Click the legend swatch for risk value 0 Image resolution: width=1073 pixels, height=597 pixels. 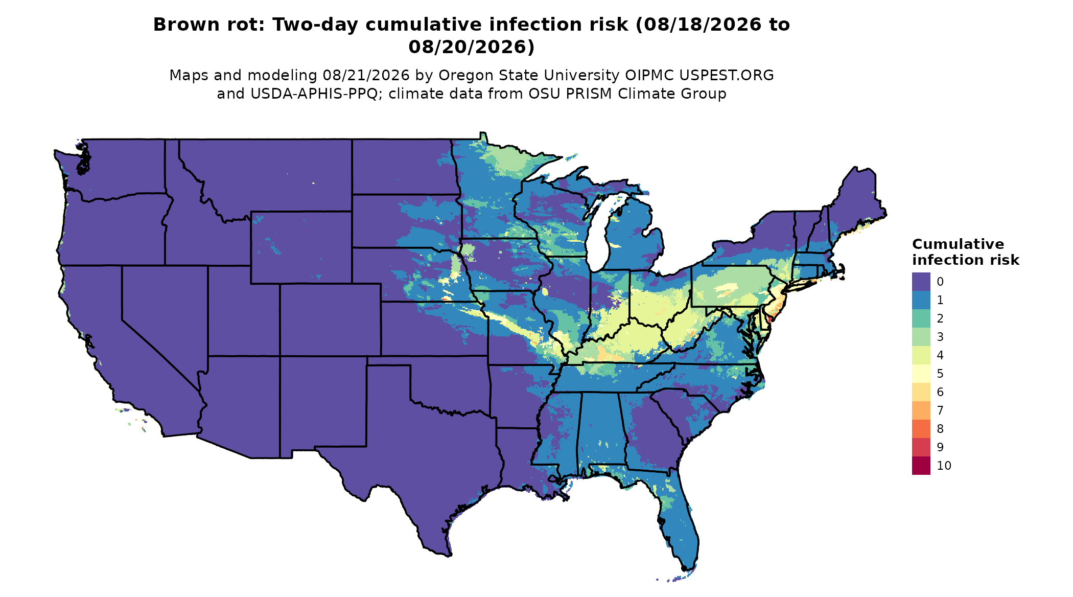coord(921,282)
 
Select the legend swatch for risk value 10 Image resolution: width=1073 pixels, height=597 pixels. coord(921,466)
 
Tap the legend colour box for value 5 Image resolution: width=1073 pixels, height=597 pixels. coord(921,374)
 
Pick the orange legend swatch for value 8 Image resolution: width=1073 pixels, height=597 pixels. coord(921,429)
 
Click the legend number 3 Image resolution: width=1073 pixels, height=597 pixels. coord(940,337)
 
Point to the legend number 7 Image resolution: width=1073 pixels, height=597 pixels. coord(940,410)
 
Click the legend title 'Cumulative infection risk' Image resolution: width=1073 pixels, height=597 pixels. coord(965,252)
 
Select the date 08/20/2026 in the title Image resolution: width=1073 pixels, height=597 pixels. coord(471,47)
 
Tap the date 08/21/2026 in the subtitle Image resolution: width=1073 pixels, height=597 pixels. coord(366,76)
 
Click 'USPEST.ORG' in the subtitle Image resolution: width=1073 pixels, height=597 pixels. coord(726,76)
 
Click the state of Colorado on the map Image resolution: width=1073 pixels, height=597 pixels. coord(330,319)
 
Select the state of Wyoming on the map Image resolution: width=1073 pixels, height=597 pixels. coord(301,247)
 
